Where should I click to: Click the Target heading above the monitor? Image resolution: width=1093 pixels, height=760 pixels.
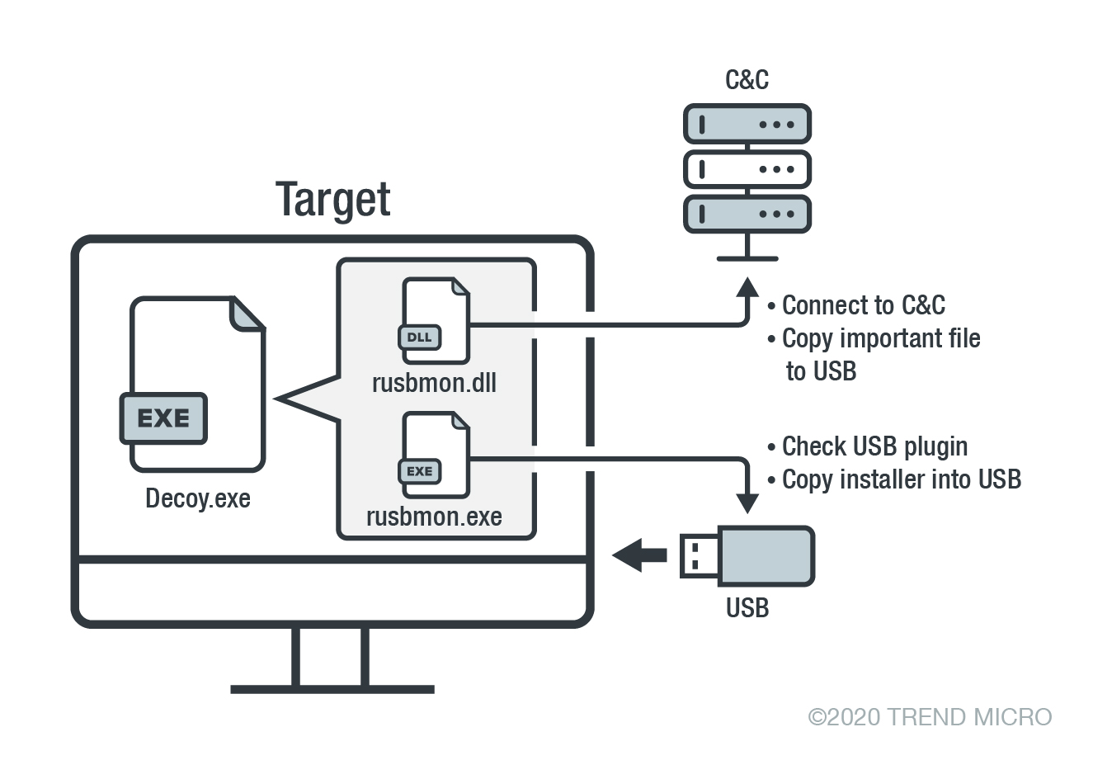(x=332, y=200)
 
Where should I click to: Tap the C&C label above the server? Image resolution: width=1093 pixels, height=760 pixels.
(x=747, y=79)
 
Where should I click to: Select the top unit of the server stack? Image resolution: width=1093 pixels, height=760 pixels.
(x=747, y=125)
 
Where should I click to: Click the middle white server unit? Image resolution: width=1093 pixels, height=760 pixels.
(x=747, y=169)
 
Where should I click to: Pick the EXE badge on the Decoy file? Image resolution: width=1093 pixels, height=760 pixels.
(x=163, y=418)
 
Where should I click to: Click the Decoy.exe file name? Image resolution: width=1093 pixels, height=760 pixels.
(x=198, y=498)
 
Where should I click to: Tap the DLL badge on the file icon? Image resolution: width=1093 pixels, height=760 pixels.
(x=420, y=338)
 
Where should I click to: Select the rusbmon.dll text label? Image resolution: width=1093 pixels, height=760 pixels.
(x=434, y=383)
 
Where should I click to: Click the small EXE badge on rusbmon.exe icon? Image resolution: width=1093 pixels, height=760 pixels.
(x=420, y=471)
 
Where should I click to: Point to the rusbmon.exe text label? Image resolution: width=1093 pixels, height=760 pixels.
(x=434, y=517)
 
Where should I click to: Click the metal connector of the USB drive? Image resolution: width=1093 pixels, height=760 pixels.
(x=698, y=555)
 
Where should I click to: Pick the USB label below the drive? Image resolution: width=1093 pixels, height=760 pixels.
(x=747, y=608)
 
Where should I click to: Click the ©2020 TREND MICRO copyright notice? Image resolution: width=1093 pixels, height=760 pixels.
(x=930, y=716)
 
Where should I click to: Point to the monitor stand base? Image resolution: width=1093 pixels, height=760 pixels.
(x=332, y=688)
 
